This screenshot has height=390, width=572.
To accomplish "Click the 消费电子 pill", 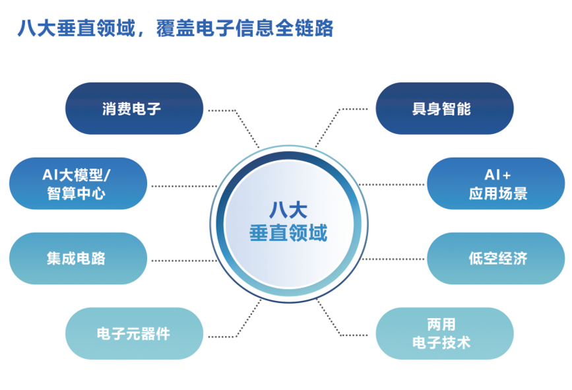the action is [134, 108].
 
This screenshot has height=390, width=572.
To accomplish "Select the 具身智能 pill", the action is [445, 108].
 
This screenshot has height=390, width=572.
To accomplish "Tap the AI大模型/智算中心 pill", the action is [78, 183].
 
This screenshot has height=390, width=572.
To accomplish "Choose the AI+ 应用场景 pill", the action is [495, 183].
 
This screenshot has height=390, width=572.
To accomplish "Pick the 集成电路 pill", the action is [78, 258].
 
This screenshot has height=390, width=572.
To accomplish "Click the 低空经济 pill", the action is [495, 258].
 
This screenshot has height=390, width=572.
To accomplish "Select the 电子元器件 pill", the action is [134, 333].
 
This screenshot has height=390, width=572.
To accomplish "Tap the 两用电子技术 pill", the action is [445, 333].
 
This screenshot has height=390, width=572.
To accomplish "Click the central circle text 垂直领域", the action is [288, 233].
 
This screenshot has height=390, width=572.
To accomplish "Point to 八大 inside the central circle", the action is [288, 210].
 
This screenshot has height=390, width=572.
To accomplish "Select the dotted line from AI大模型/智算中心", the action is [185, 187].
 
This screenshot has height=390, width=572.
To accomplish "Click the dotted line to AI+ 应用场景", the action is [391, 185].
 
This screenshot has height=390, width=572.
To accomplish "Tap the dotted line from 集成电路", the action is [185, 261].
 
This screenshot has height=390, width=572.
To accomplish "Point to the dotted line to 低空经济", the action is [393, 259].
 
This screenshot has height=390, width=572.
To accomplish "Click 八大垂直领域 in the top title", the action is [77, 28].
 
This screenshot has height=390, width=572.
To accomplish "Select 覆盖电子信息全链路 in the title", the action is [245, 28].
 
